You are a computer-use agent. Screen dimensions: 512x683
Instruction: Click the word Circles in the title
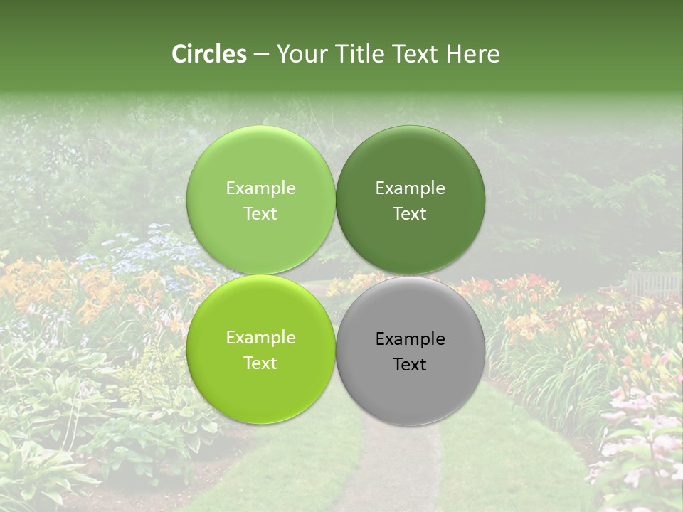click(209, 54)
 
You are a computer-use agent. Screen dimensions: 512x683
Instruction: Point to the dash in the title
click(261, 55)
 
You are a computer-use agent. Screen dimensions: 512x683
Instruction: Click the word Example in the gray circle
click(411, 339)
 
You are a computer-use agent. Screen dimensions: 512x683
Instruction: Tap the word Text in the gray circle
click(411, 365)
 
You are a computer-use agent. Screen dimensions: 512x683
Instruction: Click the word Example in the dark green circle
click(411, 188)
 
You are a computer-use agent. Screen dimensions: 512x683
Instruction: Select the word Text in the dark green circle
click(411, 214)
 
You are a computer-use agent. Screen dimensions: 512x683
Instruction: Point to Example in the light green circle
click(260, 188)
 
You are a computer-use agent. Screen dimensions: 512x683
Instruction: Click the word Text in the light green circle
click(260, 214)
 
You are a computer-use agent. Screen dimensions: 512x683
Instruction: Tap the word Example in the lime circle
click(260, 338)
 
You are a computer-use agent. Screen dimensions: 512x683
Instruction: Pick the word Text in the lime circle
click(260, 363)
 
